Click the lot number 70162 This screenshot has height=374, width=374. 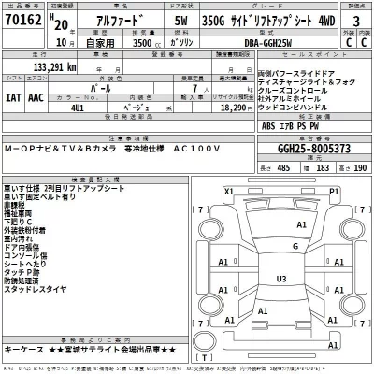click(22, 22)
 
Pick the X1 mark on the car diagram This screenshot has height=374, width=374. click(229, 191)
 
